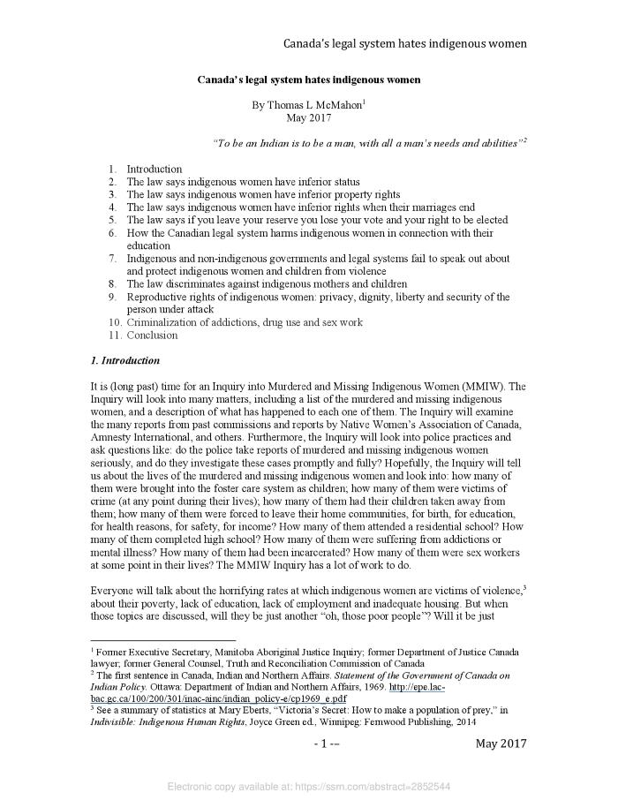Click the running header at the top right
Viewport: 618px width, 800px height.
(404, 42)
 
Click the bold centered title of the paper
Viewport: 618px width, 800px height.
(308, 79)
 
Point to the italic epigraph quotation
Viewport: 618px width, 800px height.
(368, 142)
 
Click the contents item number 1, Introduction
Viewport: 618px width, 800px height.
(154, 169)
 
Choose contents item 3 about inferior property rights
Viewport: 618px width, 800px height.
(263, 194)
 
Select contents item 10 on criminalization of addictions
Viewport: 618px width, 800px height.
(244, 322)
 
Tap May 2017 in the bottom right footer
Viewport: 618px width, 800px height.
(501, 743)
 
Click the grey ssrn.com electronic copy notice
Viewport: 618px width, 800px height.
(309, 785)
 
